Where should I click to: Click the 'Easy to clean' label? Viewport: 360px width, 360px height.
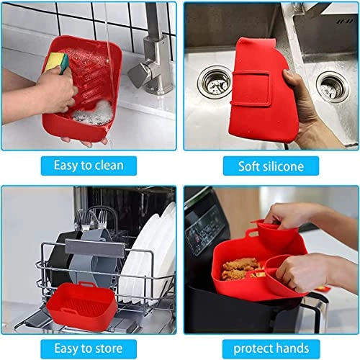pos(89,166)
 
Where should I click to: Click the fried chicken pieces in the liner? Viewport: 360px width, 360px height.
pos(240,269)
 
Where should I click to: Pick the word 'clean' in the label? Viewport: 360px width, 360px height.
pos(107,166)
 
